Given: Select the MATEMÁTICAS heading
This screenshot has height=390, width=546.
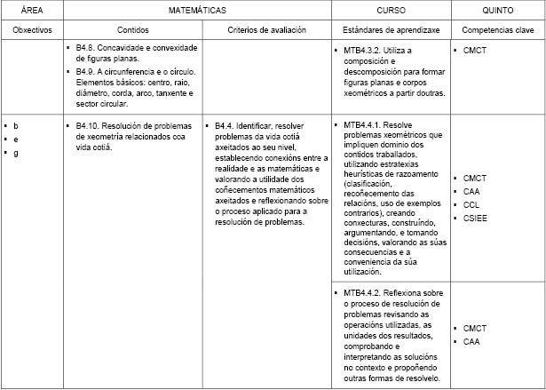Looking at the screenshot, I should click(197, 10).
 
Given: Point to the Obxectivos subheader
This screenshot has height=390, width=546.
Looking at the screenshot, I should click(31, 29).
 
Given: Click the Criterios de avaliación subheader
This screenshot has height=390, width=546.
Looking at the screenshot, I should click(266, 29).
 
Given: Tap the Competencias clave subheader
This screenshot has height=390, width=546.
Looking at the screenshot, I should click(498, 29).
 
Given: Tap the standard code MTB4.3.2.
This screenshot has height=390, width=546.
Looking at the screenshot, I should click(362, 51).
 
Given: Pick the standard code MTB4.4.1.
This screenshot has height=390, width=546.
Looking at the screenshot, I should click(362, 125).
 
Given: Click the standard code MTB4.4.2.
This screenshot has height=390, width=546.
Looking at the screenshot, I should click(362, 292).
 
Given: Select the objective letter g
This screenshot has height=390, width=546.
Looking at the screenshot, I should click(15, 153).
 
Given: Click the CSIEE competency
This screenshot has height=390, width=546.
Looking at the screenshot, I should click(477, 218).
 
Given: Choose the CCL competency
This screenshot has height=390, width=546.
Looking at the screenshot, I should click(472, 204).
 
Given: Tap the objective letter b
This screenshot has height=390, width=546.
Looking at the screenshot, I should click(15, 126).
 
